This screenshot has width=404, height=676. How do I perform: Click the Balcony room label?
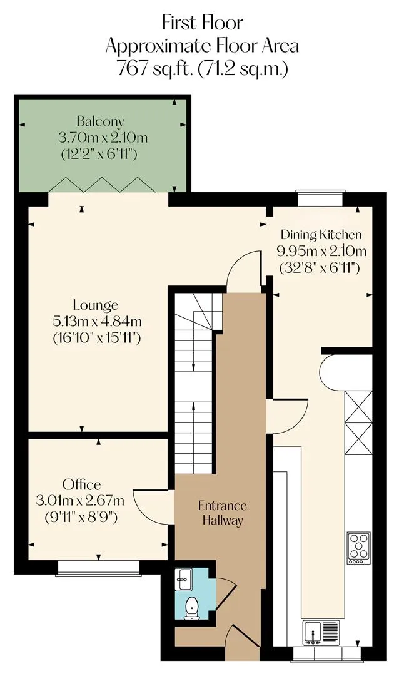point(100,121)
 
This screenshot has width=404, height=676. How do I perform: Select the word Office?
point(81,484)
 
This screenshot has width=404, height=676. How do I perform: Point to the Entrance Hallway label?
point(222,513)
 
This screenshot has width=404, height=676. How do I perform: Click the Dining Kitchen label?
point(321,235)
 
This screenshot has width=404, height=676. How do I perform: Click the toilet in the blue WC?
point(190,608)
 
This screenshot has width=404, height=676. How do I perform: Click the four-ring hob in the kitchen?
point(359,548)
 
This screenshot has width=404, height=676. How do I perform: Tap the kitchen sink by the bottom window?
point(321,633)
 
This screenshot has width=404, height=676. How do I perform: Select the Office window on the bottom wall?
point(99,568)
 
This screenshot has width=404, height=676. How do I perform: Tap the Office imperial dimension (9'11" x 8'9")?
point(81,516)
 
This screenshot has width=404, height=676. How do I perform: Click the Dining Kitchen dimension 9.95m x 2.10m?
point(321,251)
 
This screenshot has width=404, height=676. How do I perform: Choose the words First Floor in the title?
point(203,23)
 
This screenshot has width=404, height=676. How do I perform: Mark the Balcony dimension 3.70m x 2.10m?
point(103,138)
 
